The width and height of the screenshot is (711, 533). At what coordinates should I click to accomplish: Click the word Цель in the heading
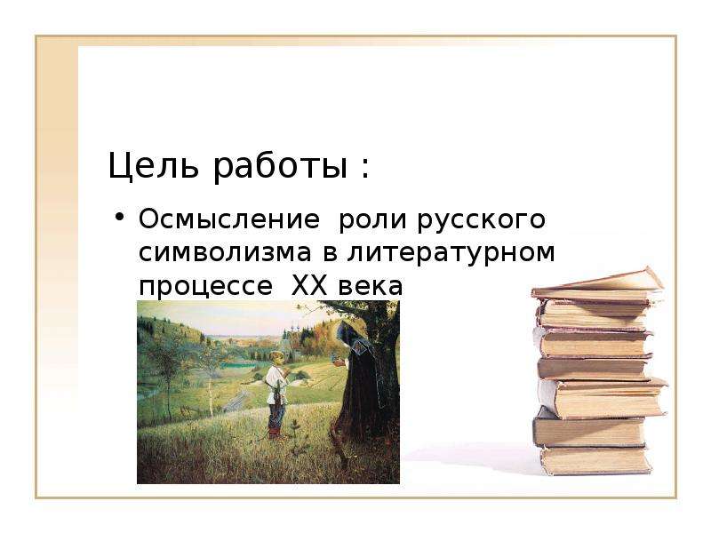tap(153, 165)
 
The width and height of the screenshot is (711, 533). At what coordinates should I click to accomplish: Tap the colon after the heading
tap(365, 169)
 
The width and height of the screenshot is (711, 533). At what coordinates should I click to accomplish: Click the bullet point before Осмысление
tap(119, 216)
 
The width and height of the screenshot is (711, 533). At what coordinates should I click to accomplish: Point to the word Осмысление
tap(229, 219)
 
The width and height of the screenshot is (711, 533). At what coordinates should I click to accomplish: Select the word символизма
tap(226, 253)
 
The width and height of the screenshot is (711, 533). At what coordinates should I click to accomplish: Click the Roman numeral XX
tap(308, 286)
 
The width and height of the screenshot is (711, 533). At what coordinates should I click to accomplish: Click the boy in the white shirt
tap(276, 393)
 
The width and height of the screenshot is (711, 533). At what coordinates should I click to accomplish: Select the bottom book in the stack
tap(595, 461)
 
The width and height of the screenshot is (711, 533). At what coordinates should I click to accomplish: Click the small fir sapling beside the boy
tap(295, 432)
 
